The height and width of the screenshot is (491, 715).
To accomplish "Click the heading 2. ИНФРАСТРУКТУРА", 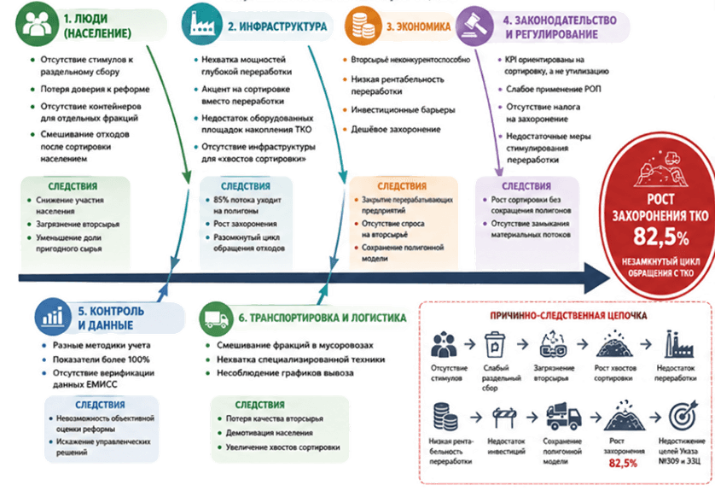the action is click(x=277, y=26).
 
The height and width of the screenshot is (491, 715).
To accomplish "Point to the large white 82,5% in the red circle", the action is click(x=660, y=237).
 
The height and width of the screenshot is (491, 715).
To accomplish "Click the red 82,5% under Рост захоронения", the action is click(x=623, y=463).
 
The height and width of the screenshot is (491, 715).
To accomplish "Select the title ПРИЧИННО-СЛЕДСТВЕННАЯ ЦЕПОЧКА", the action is click(x=568, y=315).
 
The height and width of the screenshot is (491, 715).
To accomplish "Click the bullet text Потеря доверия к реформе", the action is click(x=95, y=89).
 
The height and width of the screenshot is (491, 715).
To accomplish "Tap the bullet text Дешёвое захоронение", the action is click(x=395, y=129).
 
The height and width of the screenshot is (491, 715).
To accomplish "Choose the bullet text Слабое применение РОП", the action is click(x=553, y=89).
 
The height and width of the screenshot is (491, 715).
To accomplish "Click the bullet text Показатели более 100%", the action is click(x=101, y=359).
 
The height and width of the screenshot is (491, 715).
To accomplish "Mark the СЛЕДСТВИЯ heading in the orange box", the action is click(x=402, y=186).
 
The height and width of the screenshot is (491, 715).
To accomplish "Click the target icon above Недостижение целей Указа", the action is click(x=683, y=416).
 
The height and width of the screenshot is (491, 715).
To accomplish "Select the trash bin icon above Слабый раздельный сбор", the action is click(x=494, y=346).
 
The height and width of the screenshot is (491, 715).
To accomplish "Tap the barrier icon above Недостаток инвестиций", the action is click(x=504, y=416).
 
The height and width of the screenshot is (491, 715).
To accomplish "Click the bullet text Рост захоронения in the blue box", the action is click(x=245, y=224).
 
